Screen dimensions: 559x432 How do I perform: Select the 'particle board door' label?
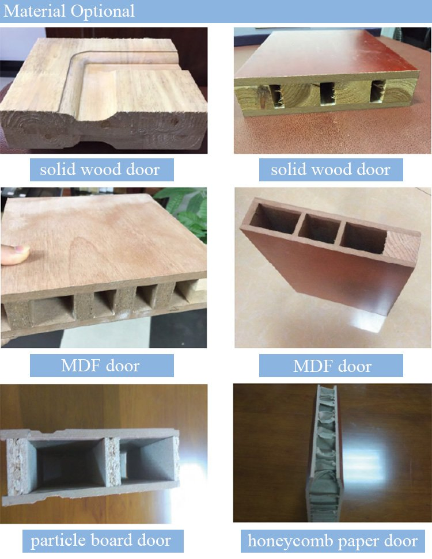101,541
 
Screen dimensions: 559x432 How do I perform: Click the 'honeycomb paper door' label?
332,541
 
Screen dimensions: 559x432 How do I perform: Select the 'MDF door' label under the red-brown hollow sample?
332,366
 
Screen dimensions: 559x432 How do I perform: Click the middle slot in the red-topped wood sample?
327,93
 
